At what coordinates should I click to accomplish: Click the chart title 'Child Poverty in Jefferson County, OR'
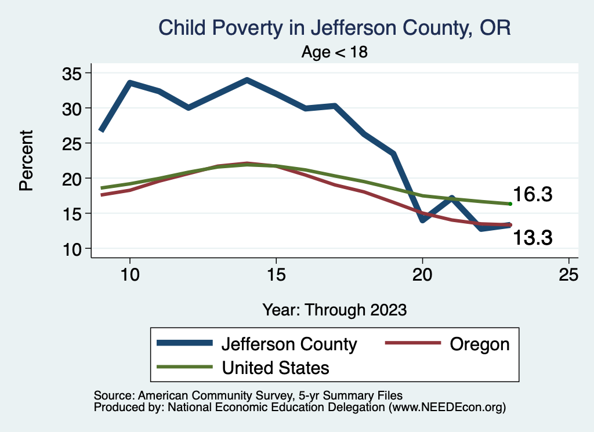pyautogui.click(x=335, y=28)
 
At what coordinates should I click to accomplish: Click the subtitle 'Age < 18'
pyautogui.click(x=335, y=52)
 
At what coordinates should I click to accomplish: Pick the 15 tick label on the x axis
pyautogui.click(x=276, y=274)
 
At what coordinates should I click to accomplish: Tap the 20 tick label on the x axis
pyautogui.click(x=422, y=274)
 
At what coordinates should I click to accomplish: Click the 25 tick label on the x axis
pyautogui.click(x=568, y=274)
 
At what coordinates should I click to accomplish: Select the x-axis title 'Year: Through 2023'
pyautogui.click(x=334, y=309)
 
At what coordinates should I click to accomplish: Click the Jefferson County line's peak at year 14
pyautogui.click(x=247, y=80)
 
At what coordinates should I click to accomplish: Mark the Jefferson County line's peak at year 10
pyautogui.click(x=130, y=83)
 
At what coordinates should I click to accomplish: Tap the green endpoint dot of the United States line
pyautogui.click(x=510, y=204)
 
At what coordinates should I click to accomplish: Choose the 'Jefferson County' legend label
pyautogui.click(x=289, y=344)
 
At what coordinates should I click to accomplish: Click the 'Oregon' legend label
pyautogui.click(x=479, y=344)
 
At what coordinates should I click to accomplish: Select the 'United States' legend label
pyautogui.click(x=276, y=367)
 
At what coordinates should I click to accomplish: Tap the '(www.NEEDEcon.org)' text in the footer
pyautogui.click(x=447, y=408)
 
